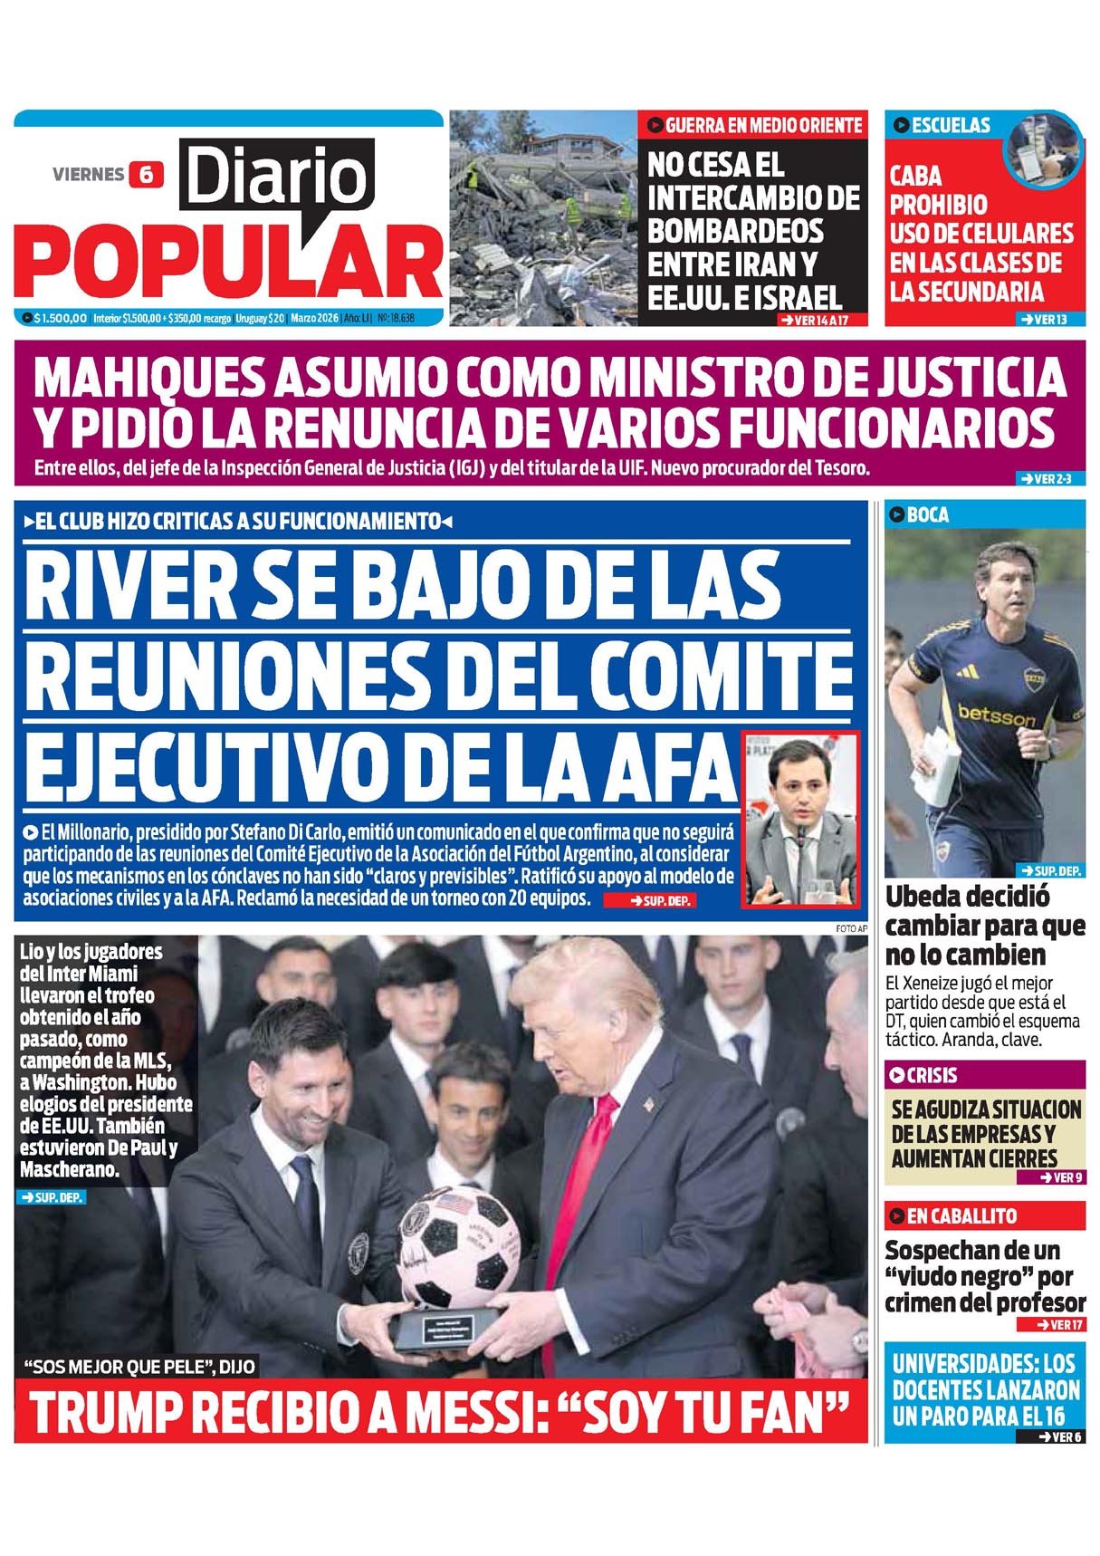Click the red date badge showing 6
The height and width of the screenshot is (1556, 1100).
146,174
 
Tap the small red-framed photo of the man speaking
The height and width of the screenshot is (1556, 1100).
799,819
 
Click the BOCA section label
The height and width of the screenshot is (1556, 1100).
927,515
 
